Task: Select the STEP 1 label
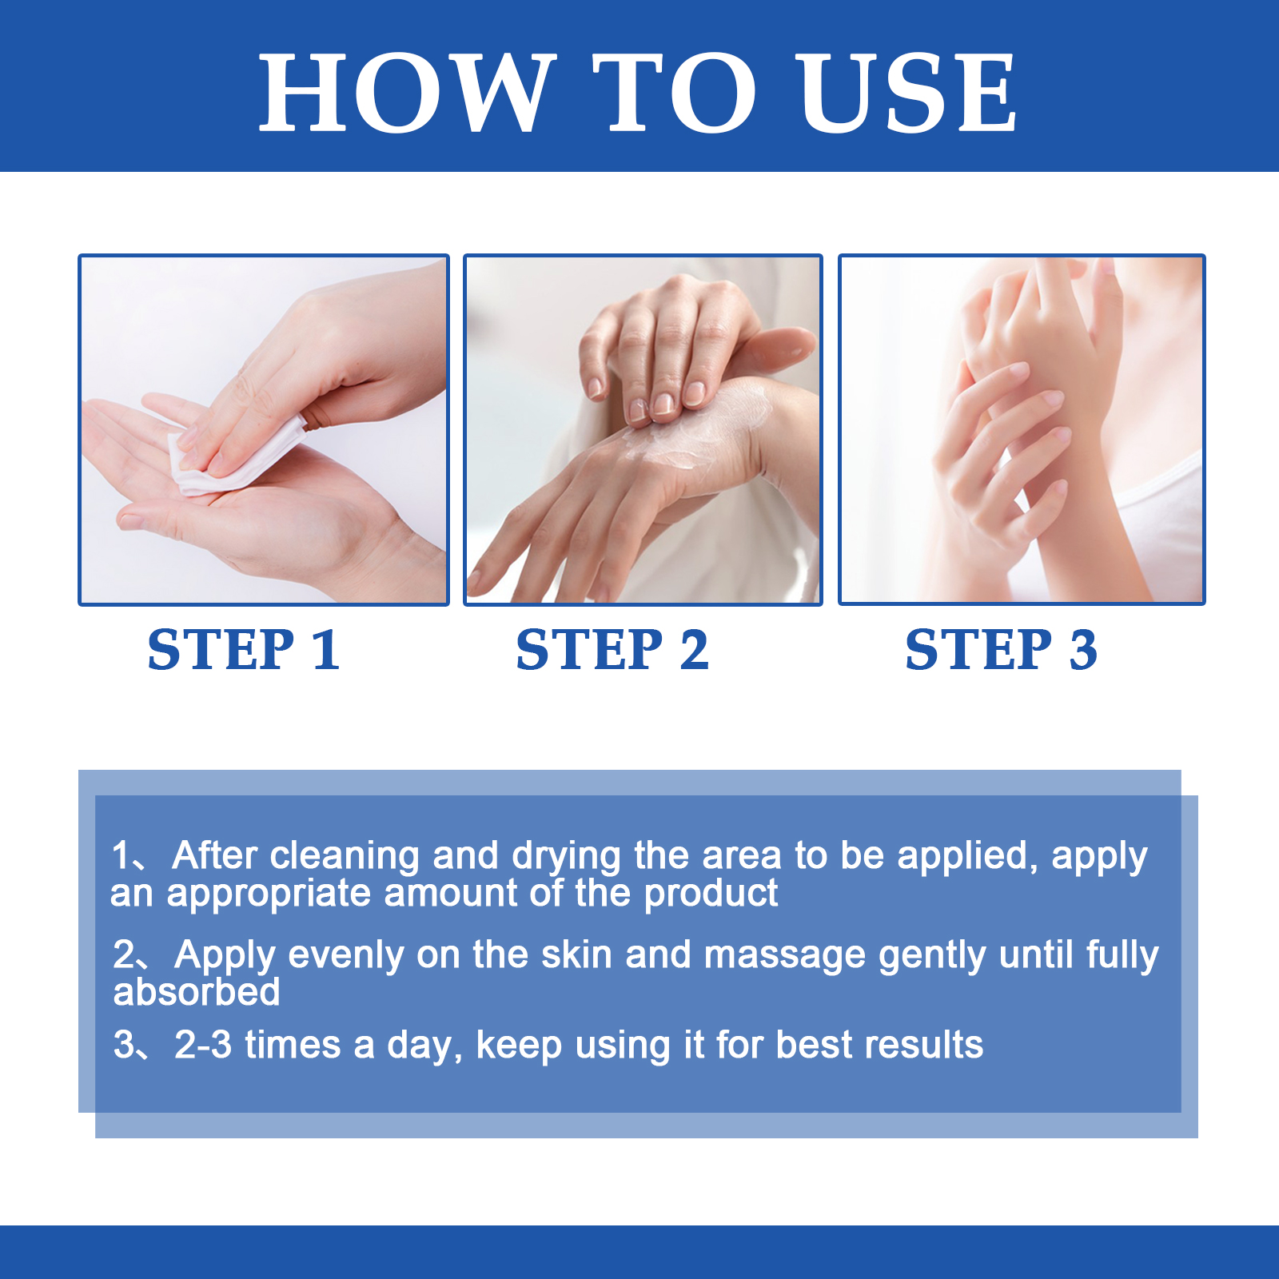click(x=245, y=649)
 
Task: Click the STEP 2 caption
click(x=612, y=649)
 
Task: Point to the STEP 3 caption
click(x=1001, y=649)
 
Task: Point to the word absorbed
click(x=197, y=992)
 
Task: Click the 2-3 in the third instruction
click(x=203, y=1045)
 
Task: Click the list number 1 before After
click(x=121, y=855)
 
